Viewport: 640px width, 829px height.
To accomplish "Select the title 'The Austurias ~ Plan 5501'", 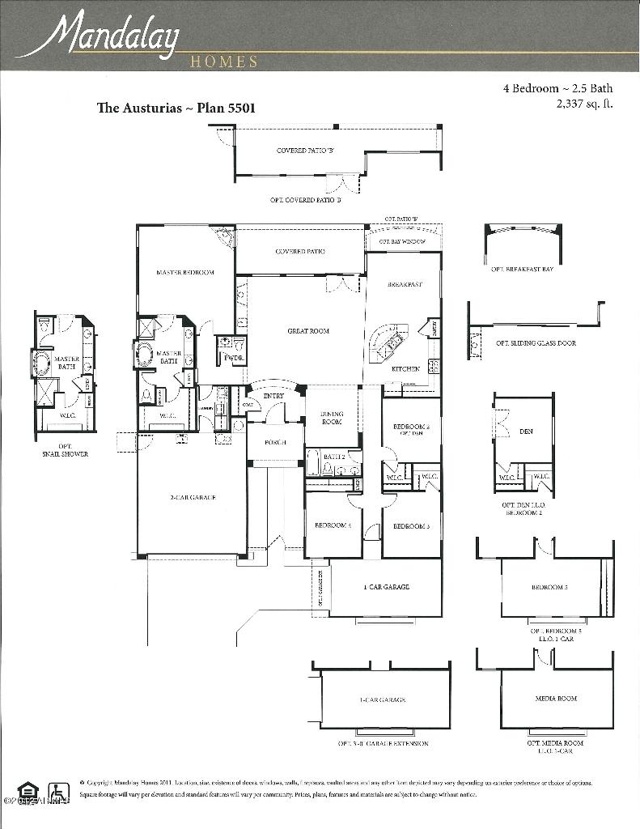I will [x=176, y=108].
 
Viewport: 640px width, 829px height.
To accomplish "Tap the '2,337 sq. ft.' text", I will [x=583, y=104].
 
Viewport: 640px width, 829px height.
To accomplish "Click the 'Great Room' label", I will [x=308, y=331].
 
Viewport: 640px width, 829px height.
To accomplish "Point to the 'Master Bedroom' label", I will [x=185, y=273].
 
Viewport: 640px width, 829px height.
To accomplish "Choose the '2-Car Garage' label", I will [x=193, y=497].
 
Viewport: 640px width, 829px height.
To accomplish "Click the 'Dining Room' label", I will [x=332, y=418].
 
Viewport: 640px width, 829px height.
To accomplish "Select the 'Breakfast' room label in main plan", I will [x=405, y=284].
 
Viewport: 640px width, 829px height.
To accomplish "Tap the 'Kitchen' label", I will [x=405, y=368].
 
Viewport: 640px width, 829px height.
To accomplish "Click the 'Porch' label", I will [x=275, y=443].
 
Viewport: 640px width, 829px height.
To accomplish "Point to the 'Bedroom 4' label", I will [x=333, y=526].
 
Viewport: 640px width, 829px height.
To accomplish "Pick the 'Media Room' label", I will [x=556, y=698].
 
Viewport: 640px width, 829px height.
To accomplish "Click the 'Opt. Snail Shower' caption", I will [x=65, y=451].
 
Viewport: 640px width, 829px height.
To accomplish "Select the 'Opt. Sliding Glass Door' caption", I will [x=536, y=343].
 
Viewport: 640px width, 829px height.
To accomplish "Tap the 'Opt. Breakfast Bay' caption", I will [x=522, y=269].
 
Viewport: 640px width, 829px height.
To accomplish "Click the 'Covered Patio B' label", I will [x=301, y=151].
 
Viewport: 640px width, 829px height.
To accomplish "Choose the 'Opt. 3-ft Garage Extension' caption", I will [x=383, y=743].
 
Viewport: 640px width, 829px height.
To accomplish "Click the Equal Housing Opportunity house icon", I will [x=27, y=789].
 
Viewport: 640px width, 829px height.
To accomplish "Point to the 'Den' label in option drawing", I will [x=526, y=432].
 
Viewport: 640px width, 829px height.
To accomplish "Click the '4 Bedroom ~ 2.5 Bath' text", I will [x=557, y=88].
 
